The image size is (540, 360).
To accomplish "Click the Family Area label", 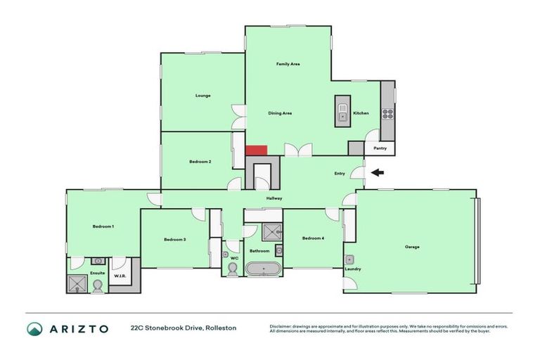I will pos(288,64).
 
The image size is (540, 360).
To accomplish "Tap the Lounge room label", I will pos(202,96).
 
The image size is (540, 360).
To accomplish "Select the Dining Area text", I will pos(280,113).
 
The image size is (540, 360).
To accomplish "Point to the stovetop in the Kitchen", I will pos(387,113).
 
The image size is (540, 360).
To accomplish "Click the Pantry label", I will pos(380,148).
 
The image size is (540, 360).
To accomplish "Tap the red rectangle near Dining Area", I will pos(256,150).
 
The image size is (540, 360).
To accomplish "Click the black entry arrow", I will pos(378,173).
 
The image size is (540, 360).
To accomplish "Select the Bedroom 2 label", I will pos(200,162).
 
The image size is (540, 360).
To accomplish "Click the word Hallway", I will pos(274,198).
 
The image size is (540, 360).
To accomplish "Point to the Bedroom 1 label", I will pos(103,226).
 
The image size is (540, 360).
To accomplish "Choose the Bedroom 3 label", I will pos(174,240).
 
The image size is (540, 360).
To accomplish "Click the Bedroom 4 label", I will pos(313,238).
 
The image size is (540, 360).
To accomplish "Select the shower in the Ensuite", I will pos(76,284).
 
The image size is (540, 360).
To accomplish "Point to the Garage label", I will pos(412,247).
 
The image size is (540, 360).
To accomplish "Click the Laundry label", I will pos(352,269).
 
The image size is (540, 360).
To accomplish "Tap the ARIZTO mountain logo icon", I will pos(34,328).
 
